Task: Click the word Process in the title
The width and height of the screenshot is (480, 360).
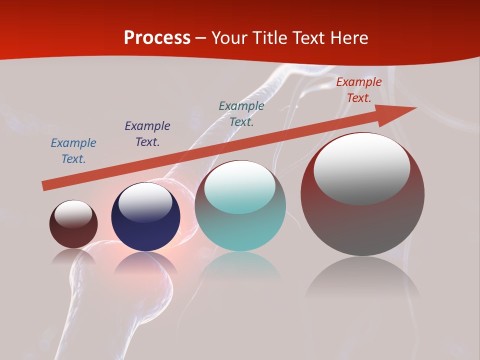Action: coord(157,38)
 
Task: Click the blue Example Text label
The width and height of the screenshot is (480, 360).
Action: coord(73,151)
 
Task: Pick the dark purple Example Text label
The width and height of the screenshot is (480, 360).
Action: coord(147,134)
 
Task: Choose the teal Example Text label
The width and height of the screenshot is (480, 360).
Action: coord(241,114)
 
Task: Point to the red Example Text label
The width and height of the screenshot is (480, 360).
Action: coord(358,90)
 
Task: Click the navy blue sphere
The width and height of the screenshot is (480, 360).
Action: coord(145,232)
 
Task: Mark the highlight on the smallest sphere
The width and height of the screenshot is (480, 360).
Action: coord(73,214)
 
